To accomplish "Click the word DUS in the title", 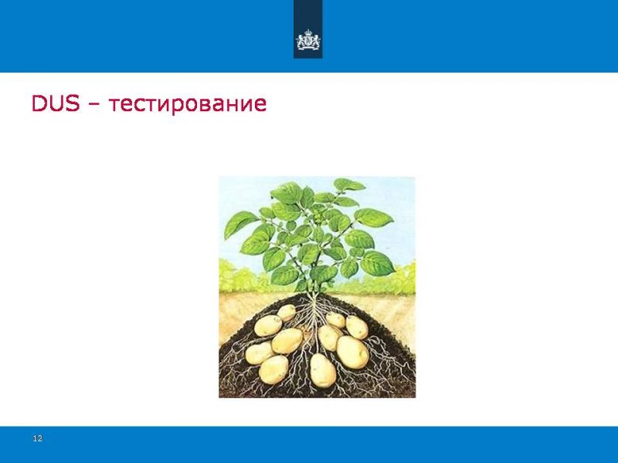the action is [56, 103].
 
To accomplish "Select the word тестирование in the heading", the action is [188, 105].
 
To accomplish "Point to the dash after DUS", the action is [94, 105].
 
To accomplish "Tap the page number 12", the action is [37, 438].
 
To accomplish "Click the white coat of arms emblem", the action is [308, 40].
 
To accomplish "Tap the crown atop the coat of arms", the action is [308, 32].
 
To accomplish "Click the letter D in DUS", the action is [39, 103].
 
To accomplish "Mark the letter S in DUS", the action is [73, 103].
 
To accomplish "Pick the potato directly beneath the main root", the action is [322, 370].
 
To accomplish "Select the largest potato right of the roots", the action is [352, 352].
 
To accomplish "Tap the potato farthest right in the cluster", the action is [357, 327].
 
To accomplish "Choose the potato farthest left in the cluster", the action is [260, 353].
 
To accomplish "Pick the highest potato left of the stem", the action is [287, 313].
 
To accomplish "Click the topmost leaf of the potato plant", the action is [348, 184].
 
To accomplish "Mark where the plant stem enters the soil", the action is [314, 295].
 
